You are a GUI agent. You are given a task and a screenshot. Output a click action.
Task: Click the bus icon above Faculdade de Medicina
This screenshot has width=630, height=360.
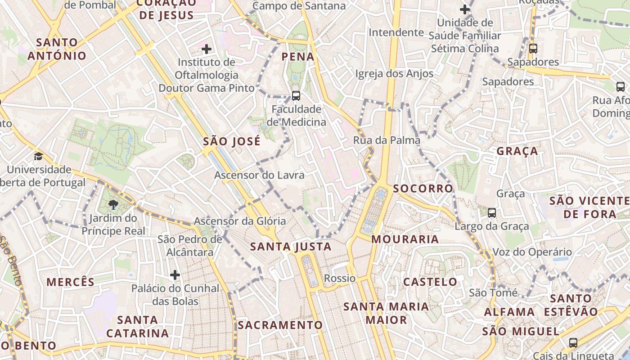296,95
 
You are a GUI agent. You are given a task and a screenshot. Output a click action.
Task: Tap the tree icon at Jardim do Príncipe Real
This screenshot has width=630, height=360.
113,205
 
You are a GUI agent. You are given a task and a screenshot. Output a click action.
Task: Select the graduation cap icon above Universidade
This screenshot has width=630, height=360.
39,156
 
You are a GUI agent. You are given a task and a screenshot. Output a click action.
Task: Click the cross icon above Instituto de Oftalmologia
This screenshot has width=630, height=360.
207,49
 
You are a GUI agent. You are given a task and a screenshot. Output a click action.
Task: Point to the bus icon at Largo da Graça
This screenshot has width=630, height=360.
492,212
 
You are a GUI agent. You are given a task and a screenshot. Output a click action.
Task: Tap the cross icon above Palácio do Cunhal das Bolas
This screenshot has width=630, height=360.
175,274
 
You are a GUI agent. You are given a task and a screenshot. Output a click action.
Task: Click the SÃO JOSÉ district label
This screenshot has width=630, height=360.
232,142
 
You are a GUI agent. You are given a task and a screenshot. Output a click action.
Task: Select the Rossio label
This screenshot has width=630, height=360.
340,278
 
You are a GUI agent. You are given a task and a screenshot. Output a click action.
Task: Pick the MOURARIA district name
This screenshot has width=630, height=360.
405,239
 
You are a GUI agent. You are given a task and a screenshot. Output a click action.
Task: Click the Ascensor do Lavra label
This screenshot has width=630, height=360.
259,175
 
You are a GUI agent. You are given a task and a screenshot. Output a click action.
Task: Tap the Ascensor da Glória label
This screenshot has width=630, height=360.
240,221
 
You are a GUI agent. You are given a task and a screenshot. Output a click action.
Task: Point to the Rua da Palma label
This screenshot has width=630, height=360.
387,140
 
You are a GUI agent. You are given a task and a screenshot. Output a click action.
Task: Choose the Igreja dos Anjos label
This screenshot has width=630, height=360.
394,74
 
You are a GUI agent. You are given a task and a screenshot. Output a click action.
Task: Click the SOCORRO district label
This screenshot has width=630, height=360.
423,189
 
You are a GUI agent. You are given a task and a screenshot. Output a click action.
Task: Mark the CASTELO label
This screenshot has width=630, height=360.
430,282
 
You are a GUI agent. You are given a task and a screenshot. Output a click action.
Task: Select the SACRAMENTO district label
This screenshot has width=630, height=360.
280,325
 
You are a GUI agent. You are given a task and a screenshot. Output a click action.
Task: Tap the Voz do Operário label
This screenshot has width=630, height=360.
532,252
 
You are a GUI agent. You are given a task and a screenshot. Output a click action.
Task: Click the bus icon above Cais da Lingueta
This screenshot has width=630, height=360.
573,343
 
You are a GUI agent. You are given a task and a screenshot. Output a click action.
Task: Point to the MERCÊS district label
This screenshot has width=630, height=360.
71,282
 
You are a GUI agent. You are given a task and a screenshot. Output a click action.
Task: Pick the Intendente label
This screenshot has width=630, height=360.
396,32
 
